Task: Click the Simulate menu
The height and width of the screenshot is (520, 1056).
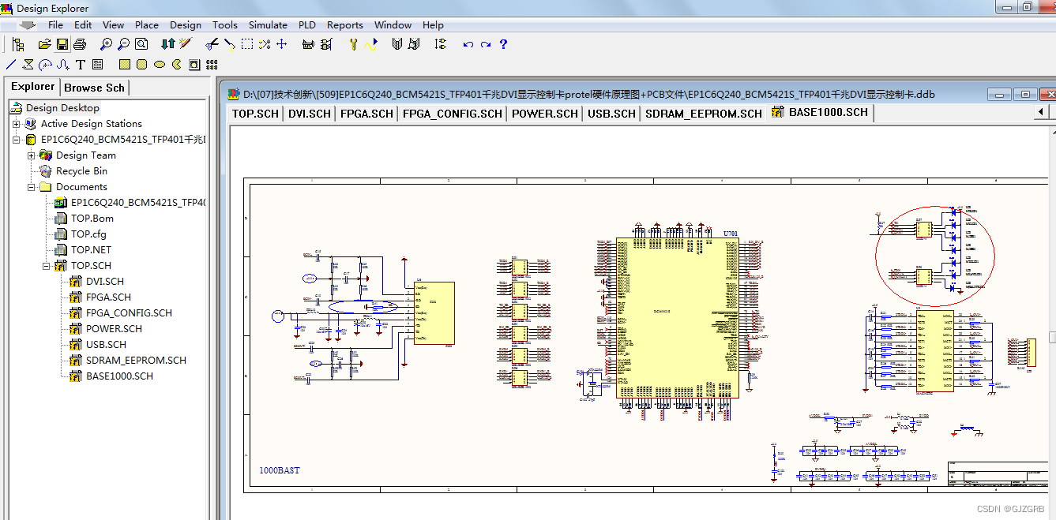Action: point(268,24)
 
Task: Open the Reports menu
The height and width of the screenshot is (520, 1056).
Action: point(345,24)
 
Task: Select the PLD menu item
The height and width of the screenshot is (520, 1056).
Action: point(307,24)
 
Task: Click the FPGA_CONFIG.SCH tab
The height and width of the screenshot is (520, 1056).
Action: point(452,114)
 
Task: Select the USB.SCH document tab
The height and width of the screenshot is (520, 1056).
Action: point(611,114)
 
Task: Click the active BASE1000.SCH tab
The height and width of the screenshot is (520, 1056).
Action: point(828,112)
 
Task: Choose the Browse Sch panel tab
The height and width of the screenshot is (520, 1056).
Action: point(94,88)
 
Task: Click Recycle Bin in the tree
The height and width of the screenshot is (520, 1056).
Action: point(81,171)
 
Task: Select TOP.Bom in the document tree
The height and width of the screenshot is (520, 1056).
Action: point(92,219)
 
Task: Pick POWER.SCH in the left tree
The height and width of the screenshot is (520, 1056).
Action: point(114,329)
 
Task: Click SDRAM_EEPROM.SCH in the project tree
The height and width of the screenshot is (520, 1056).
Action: point(136,361)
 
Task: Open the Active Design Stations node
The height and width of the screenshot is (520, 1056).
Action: point(91,124)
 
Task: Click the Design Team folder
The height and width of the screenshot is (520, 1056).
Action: point(85,155)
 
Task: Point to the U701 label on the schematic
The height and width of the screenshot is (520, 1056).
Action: point(731,234)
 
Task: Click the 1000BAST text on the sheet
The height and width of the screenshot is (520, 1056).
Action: point(280,470)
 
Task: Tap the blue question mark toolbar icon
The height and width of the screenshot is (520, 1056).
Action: point(503,44)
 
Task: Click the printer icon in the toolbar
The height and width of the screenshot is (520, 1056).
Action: point(80,44)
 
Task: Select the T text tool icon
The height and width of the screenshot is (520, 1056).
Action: point(81,65)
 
